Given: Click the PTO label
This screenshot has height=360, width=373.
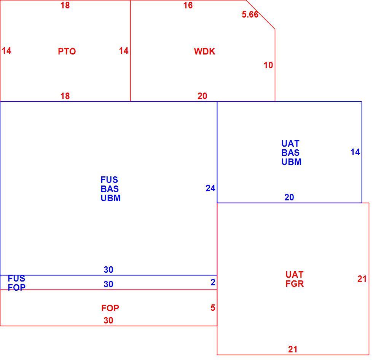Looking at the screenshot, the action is [67, 51].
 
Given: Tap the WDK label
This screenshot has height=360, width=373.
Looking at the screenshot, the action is [205, 51].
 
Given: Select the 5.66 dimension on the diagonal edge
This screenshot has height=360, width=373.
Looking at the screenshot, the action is [250, 14].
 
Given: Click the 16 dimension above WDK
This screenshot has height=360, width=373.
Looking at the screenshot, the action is [188, 5].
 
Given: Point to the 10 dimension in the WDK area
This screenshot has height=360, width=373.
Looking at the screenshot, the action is [268, 65].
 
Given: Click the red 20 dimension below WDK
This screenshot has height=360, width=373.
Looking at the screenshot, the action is [202, 96].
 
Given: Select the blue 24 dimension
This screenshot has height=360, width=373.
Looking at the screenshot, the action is [210, 188].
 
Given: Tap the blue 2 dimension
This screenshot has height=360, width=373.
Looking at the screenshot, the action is [213, 282].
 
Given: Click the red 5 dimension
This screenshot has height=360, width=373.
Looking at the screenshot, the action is [213, 308].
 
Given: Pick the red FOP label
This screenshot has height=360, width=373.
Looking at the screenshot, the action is [110, 308].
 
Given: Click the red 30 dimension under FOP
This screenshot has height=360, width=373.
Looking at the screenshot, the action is [108, 320].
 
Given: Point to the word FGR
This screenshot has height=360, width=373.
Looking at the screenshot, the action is [295, 284].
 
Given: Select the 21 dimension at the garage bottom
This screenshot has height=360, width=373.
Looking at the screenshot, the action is [293, 350].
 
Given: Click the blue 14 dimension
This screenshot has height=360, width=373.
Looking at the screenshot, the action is [355, 152].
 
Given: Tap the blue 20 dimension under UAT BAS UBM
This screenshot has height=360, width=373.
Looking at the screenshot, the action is [289, 197].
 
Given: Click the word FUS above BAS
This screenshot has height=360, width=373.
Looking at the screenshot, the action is [109, 180].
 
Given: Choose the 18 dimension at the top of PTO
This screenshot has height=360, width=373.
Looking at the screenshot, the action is [65, 5].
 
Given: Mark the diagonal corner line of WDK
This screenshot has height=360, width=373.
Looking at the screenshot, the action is [260, 15].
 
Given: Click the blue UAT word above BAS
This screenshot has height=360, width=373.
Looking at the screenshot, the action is [290, 144].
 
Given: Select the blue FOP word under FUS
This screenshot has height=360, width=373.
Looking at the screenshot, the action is [17, 288].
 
